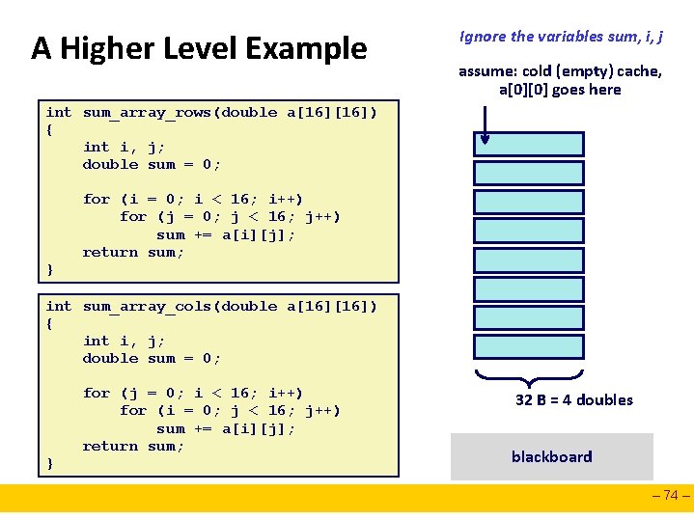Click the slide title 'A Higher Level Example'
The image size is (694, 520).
coord(199,47)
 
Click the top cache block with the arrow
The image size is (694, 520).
coord(529,144)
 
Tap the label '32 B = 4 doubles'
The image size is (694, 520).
coord(574,399)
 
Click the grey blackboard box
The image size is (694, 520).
coord(551,456)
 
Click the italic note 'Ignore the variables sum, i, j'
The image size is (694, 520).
coord(561,37)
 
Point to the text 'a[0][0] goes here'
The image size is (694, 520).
coord(560,90)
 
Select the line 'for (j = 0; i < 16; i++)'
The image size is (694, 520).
coord(193,393)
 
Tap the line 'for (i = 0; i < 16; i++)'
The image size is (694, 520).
coord(193,199)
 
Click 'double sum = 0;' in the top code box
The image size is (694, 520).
coord(152,165)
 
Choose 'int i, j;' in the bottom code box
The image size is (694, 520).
coord(124,341)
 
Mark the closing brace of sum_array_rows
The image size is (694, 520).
coord(50,270)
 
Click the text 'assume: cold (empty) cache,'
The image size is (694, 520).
coord(560,70)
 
